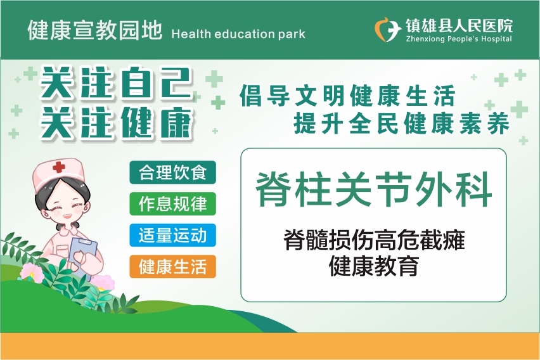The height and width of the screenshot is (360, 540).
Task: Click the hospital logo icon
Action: pyautogui.click(x=388, y=30)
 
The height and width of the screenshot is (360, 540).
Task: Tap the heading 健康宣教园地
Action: pyautogui.click(x=94, y=30)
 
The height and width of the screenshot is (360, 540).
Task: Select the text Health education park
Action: pyautogui.click(x=238, y=34)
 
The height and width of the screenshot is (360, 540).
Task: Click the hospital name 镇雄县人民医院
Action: pyautogui.click(x=459, y=26)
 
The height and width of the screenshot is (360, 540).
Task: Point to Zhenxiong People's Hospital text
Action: pyautogui.click(x=459, y=39)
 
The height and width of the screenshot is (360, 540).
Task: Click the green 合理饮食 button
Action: pyautogui.click(x=172, y=172)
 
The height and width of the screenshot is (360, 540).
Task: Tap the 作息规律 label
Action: pyautogui.click(x=172, y=203)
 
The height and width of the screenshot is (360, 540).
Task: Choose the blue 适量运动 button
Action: pyautogui.click(x=172, y=235)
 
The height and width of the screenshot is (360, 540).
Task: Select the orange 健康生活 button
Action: pyautogui.click(x=172, y=267)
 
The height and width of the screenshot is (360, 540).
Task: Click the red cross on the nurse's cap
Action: pyautogui.click(x=58, y=167)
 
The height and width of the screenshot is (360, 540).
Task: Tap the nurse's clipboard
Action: pyautogui.click(x=83, y=255)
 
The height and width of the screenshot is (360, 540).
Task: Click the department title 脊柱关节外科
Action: pyautogui.click(x=374, y=190)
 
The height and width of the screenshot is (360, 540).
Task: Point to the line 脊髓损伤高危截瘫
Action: pyautogui.click(x=374, y=240)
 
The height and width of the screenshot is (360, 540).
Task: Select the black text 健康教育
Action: pyautogui.click(x=374, y=266)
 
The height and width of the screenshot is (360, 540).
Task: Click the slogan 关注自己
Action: pyautogui.click(x=115, y=82)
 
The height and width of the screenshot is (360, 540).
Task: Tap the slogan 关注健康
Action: pyautogui.click(x=116, y=123)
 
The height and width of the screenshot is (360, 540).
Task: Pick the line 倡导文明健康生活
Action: pyautogui.click(x=347, y=96)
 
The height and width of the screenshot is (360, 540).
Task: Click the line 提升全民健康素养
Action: pyautogui.click(x=401, y=123)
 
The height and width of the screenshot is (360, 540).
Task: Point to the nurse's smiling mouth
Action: pyautogui.click(x=67, y=216)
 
